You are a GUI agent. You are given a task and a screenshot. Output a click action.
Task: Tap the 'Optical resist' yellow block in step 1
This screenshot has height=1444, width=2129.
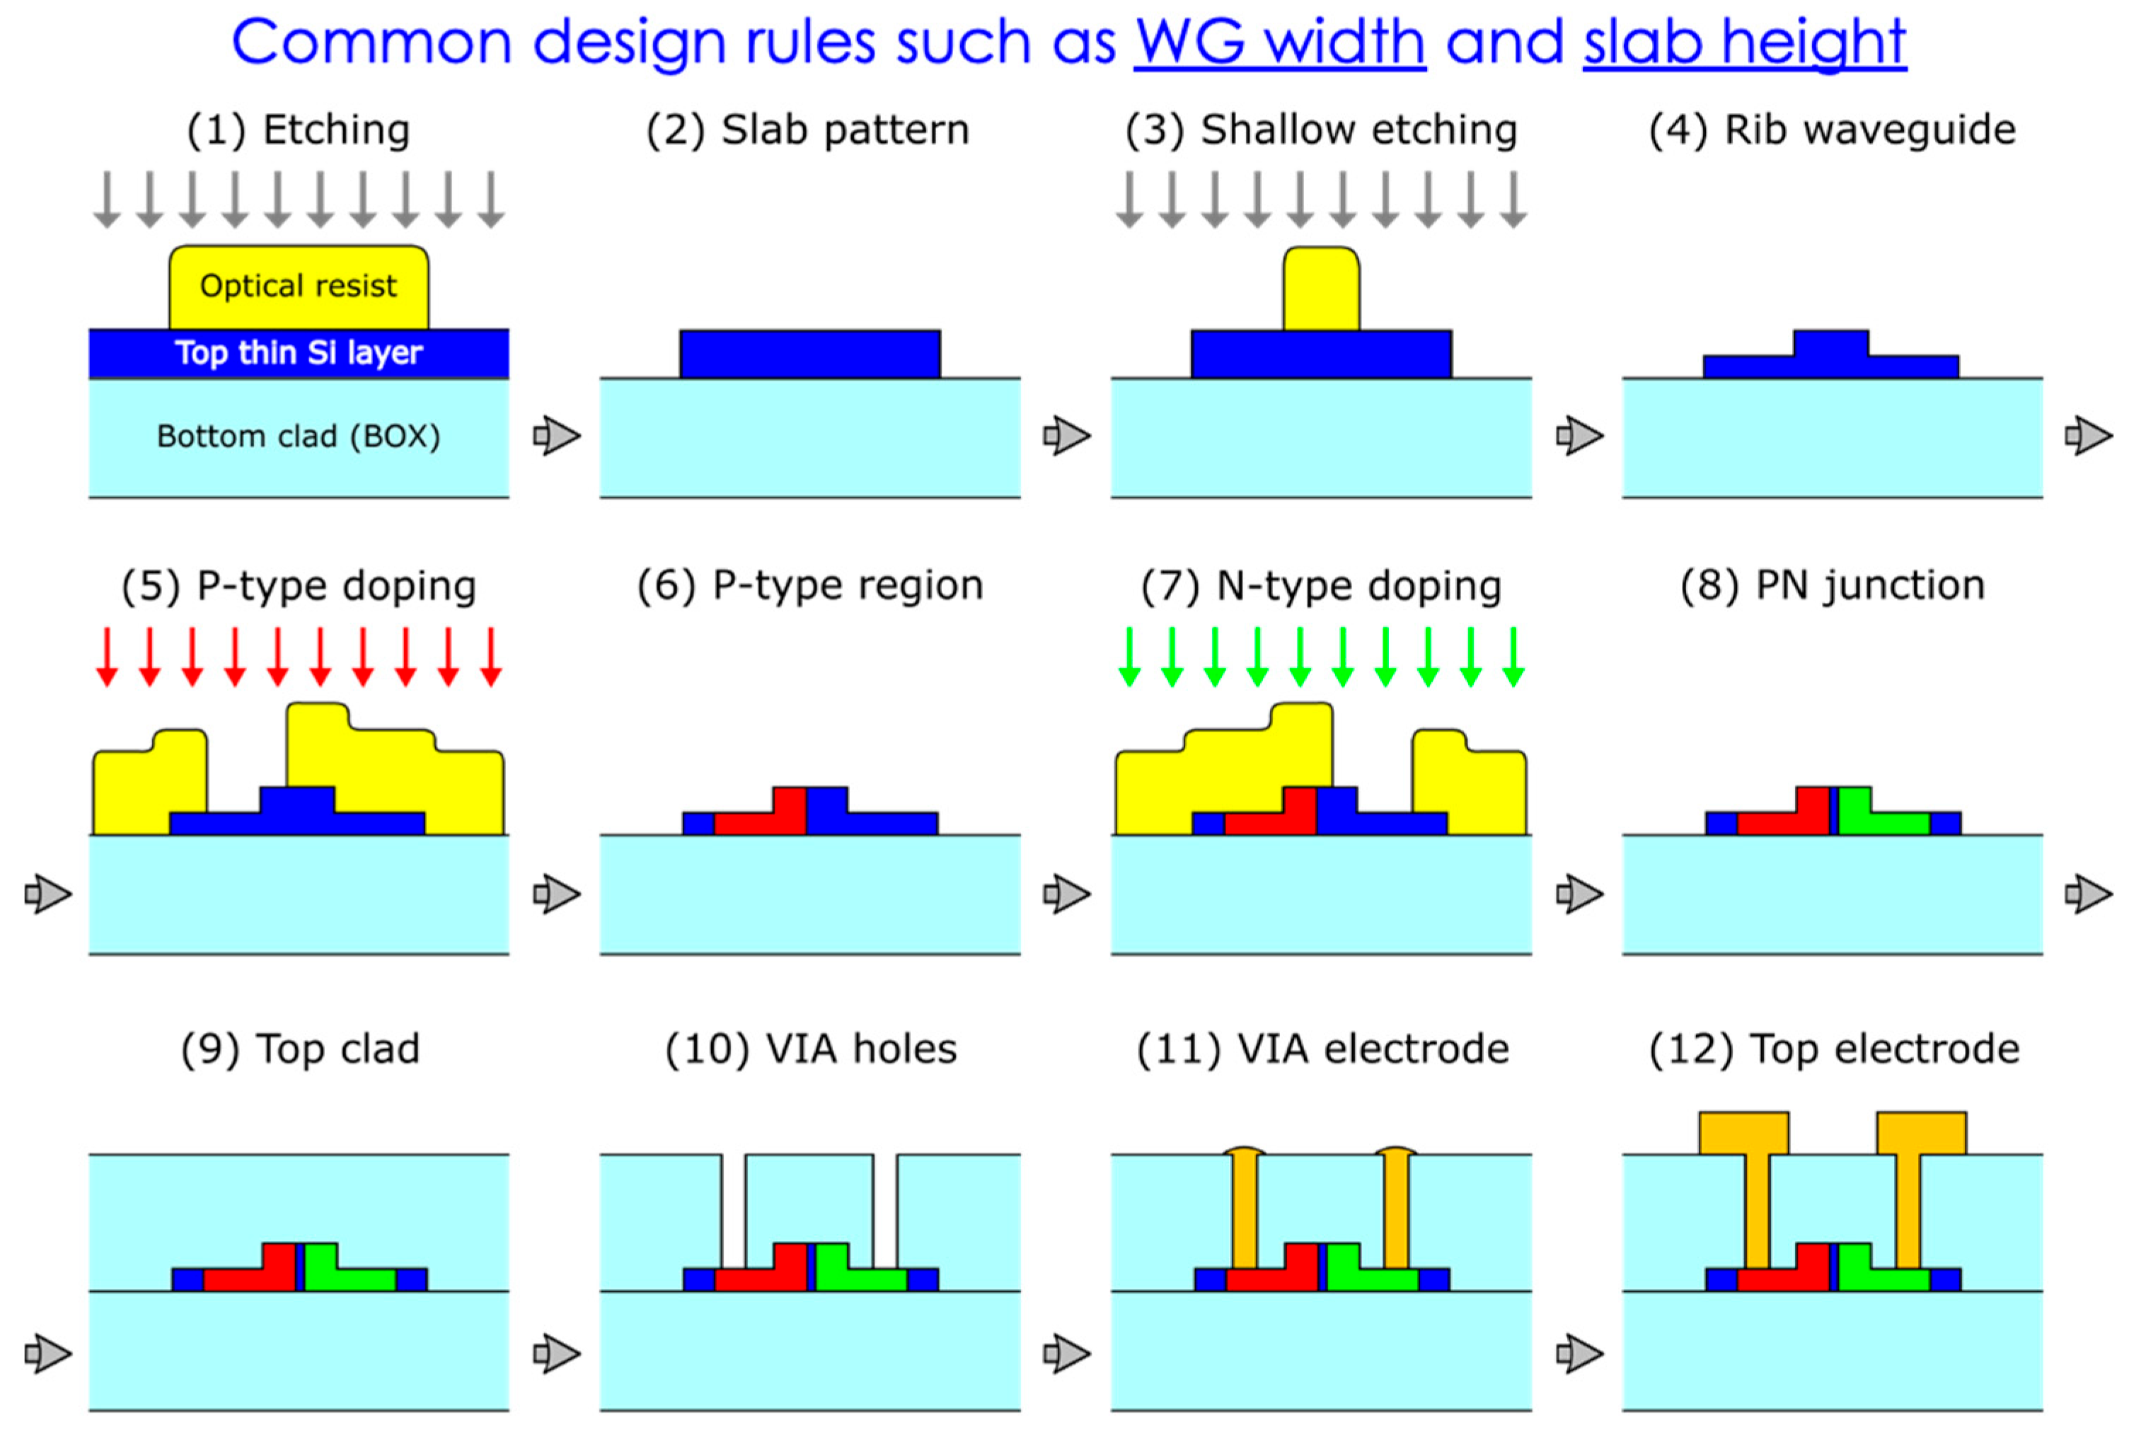pyautogui.click(x=299, y=286)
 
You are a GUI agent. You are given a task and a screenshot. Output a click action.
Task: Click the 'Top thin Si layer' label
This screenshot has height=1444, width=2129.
pyautogui.click(x=299, y=353)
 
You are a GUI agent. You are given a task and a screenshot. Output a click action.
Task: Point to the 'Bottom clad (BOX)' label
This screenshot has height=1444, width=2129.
pyautogui.click(x=299, y=436)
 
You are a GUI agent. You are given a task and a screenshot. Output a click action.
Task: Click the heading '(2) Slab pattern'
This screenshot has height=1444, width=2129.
pyautogui.click(x=807, y=130)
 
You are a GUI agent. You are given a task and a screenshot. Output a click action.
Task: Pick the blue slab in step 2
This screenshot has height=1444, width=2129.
pyautogui.click(x=810, y=354)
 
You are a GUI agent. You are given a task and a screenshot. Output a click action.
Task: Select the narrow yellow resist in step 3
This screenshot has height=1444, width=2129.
pyautogui.click(x=1321, y=289)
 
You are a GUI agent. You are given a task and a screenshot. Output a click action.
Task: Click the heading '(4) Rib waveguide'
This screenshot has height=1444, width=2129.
pyautogui.click(x=1833, y=130)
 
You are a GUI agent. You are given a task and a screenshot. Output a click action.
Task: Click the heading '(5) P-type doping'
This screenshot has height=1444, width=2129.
pyautogui.click(x=299, y=587)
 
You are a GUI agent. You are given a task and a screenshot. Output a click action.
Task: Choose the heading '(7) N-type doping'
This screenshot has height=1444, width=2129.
pyautogui.click(x=1321, y=587)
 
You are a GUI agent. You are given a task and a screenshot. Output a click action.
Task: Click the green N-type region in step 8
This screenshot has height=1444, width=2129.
pyautogui.click(x=1878, y=818)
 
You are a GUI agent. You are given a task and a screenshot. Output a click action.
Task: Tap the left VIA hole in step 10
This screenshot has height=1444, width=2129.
pyautogui.click(x=733, y=1209)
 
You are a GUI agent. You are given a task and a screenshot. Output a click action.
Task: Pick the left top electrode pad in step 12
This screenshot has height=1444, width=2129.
pyautogui.click(x=1743, y=1133)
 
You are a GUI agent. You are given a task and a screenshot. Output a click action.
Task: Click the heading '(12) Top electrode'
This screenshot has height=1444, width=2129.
pyautogui.click(x=1833, y=1049)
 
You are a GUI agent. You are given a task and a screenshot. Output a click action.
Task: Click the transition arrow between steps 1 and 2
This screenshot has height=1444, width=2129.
pyautogui.click(x=556, y=435)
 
